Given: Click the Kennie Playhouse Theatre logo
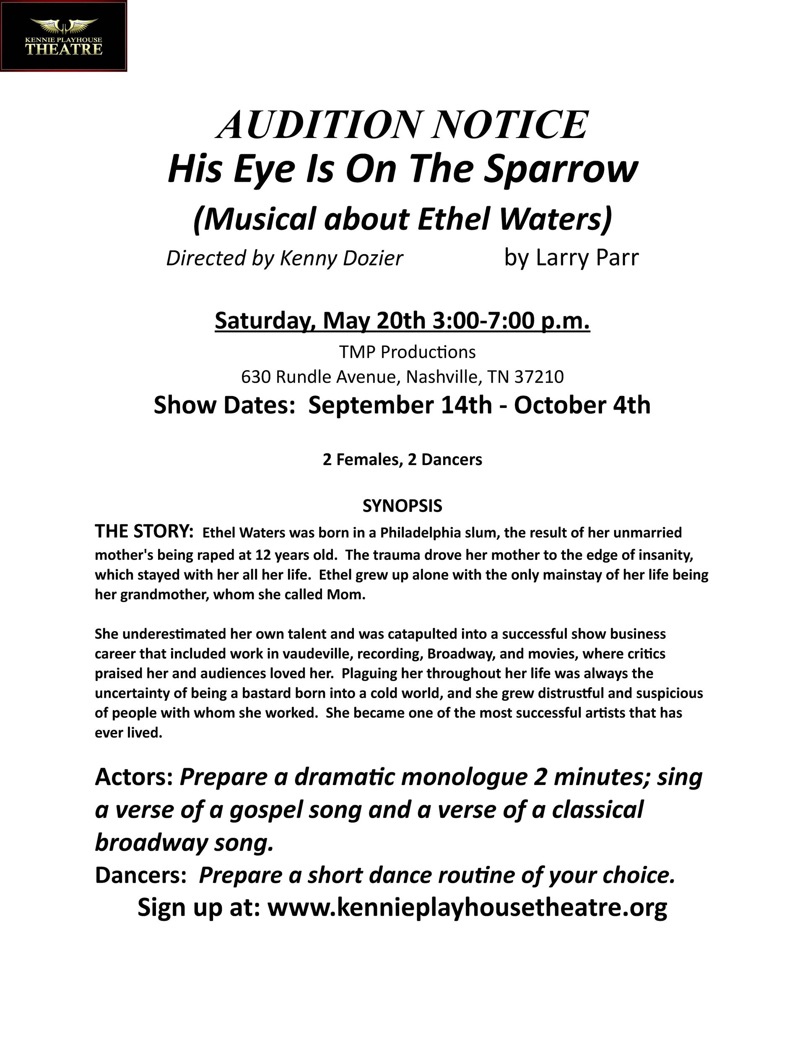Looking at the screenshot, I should tap(63, 36).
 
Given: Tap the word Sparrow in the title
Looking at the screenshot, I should tap(561, 169).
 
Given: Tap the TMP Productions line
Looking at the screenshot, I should tap(407, 352).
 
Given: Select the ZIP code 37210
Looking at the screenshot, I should tap(539, 377).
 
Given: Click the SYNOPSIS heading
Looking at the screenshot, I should tap(402, 506).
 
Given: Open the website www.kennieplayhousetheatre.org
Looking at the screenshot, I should tap(467, 907).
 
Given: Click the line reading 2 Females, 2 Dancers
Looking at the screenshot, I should tap(402, 460).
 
